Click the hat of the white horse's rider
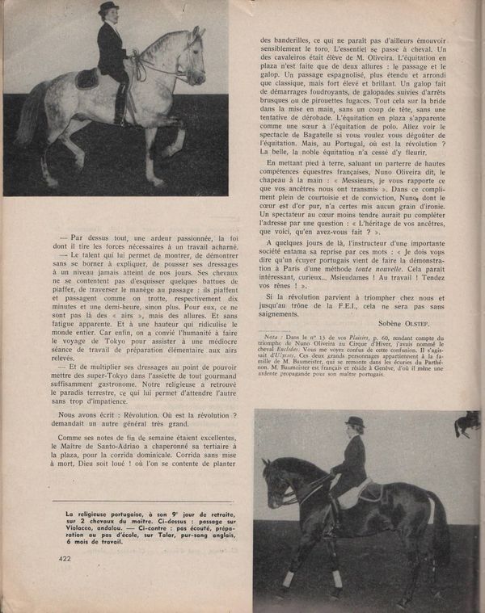pyautogui.click(x=108, y=8)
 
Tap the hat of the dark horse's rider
pyautogui.click(x=354, y=422)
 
